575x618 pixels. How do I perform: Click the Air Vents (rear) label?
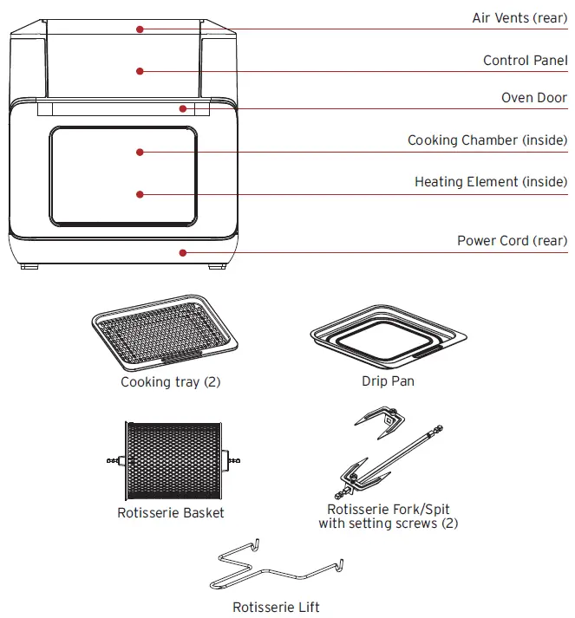click(519, 17)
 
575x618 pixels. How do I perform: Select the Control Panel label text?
click(525, 61)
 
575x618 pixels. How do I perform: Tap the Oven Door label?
click(534, 98)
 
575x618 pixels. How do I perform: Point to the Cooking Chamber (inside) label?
click(487, 140)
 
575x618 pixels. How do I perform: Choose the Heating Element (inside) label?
click(491, 182)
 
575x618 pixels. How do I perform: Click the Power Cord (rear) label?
click(512, 241)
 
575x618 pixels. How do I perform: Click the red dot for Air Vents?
click(139, 29)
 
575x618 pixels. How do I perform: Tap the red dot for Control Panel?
click(139, 71)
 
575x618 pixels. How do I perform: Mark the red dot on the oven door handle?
click(182, 108)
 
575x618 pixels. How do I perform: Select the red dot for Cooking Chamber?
click(139, 152)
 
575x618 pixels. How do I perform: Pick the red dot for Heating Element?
click(139, 194)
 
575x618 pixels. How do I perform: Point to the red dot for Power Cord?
click(182, 252)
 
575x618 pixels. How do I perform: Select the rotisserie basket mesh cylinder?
click(170, 460)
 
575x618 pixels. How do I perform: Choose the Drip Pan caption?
click(388, 381)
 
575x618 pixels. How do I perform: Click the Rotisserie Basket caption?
click(171, 513)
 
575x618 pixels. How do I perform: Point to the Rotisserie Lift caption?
click(276, 607)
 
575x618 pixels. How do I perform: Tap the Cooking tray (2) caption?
click(171, 382)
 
